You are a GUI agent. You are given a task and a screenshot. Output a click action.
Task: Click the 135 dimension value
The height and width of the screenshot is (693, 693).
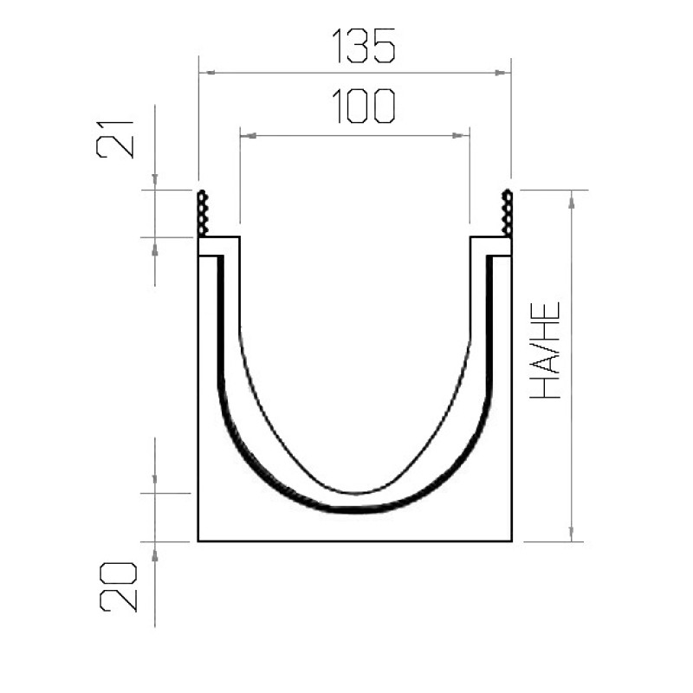point(363,46)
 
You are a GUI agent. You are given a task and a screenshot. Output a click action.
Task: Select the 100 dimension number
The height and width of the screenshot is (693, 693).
point(363,106)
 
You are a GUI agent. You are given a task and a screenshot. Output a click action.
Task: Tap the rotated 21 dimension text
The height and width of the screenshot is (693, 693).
point(114,139)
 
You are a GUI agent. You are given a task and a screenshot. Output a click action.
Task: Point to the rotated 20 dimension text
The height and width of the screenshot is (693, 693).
point(119,587)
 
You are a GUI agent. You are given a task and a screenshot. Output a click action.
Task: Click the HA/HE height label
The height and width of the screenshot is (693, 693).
point(545,350)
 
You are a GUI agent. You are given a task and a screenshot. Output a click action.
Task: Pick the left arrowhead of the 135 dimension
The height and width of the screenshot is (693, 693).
point(207,72)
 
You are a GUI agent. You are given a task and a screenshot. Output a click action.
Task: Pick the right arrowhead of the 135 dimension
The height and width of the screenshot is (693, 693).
point(502,73)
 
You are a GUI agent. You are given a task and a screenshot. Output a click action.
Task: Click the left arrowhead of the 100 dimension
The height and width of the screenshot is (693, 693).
point(249,136)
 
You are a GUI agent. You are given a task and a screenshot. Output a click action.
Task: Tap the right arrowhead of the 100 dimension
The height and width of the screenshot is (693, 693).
point(461,136)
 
